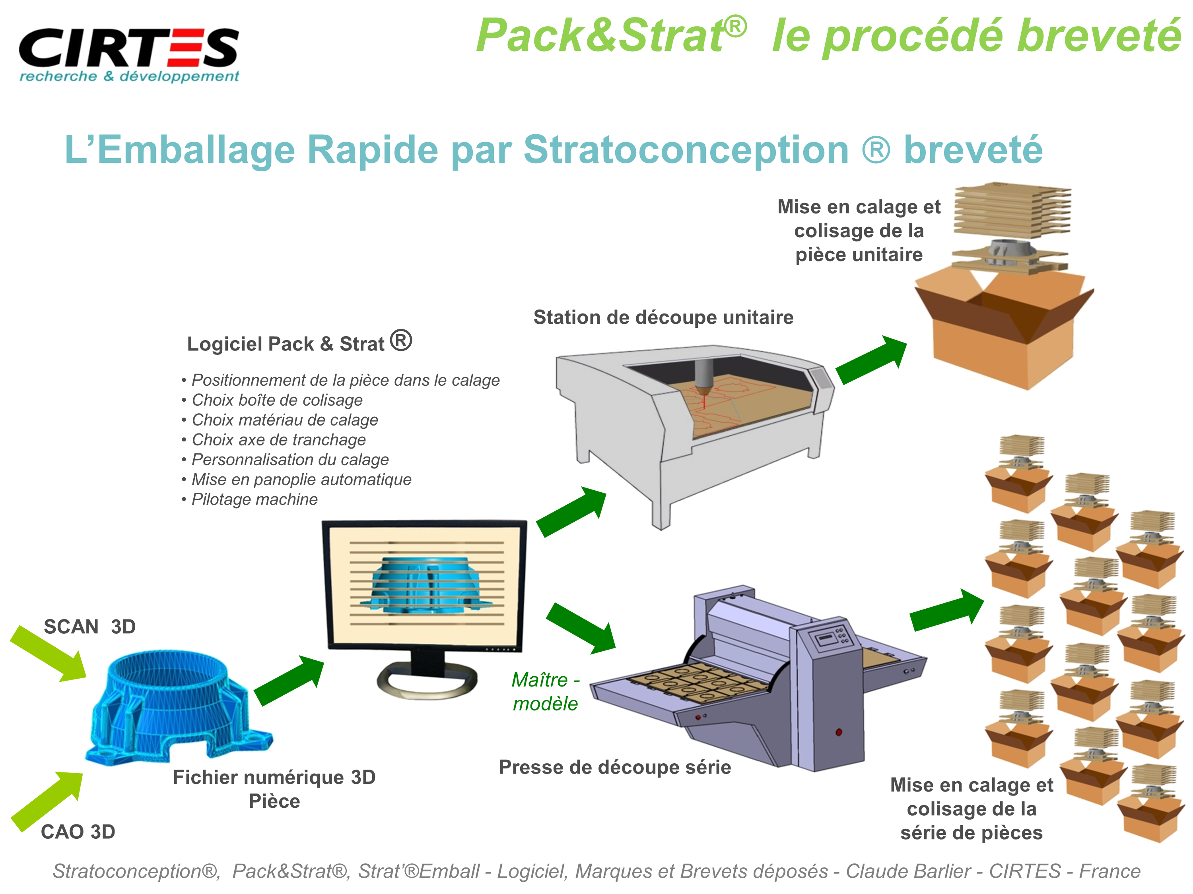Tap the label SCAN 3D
pos(89,627)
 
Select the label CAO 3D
pos(78,832)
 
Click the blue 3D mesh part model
pos(179,706)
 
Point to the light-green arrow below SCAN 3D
pos(49,654)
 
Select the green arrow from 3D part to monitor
pos(289,680)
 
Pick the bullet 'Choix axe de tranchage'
pos(274,440)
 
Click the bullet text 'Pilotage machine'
pos(250,499)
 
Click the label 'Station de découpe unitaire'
pos(663,317)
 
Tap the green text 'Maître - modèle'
pos(546,691)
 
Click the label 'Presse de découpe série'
pos(615,767)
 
